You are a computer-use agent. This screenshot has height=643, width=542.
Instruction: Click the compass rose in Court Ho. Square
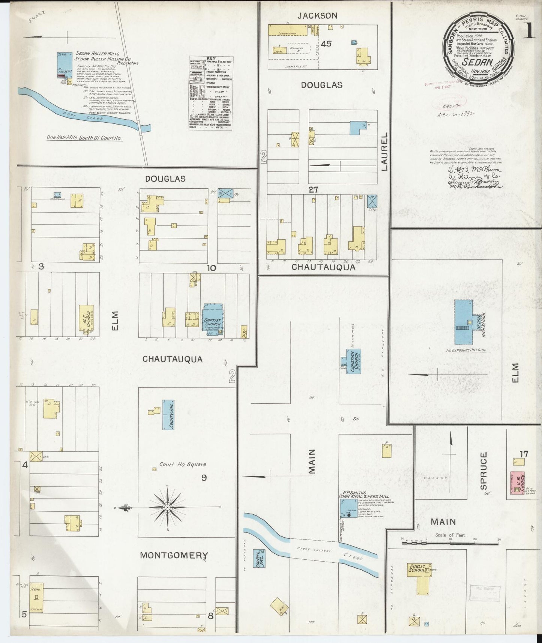click(x=167, y=508)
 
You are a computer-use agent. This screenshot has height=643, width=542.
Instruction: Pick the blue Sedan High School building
click(x=464, y=321)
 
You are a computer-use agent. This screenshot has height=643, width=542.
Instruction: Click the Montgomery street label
click(x=174, y=555)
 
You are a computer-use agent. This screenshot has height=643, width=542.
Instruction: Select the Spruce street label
click(x=483, y=470)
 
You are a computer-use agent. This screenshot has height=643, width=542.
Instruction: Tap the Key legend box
click(x=210, y=93)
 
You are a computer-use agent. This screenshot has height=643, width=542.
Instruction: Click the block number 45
click(x=326, y=44)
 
